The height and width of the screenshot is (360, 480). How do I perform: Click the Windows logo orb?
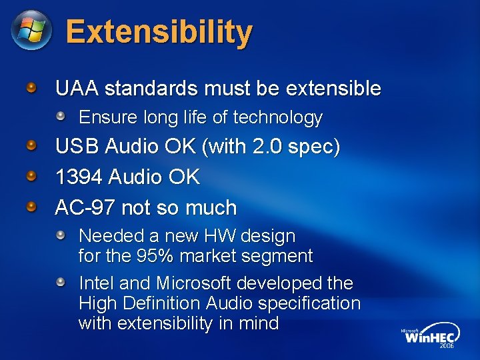click(31, 30)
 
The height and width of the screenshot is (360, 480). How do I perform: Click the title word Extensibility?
click(159, 31)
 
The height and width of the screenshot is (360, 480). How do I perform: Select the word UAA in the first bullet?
click(77, 89)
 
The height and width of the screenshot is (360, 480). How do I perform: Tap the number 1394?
click(78, 177)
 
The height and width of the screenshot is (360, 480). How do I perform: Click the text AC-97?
click(85, 207)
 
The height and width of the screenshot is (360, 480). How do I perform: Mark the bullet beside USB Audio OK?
click(31, 146)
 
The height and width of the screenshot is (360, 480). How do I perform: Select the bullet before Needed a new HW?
click(61, 235)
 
